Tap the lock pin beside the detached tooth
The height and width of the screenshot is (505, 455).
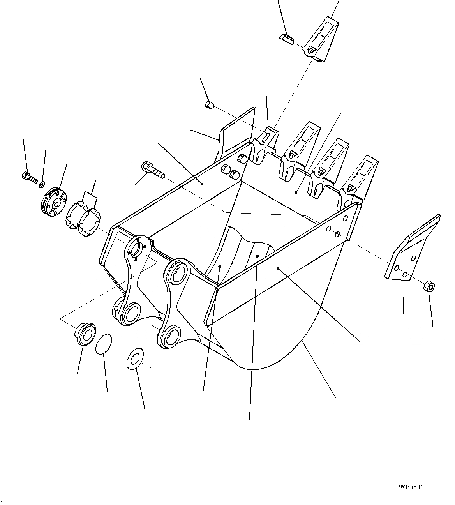[287, 39]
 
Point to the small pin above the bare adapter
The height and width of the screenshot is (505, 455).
[209, 105]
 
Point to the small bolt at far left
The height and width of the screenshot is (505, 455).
[30, 177]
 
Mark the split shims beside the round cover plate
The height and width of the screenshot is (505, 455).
[83, 220]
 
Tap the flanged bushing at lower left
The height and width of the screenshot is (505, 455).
[85, 334]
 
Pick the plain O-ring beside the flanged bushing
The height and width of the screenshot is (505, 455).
[104, 344]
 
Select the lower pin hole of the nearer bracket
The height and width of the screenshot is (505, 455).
[171, 336]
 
